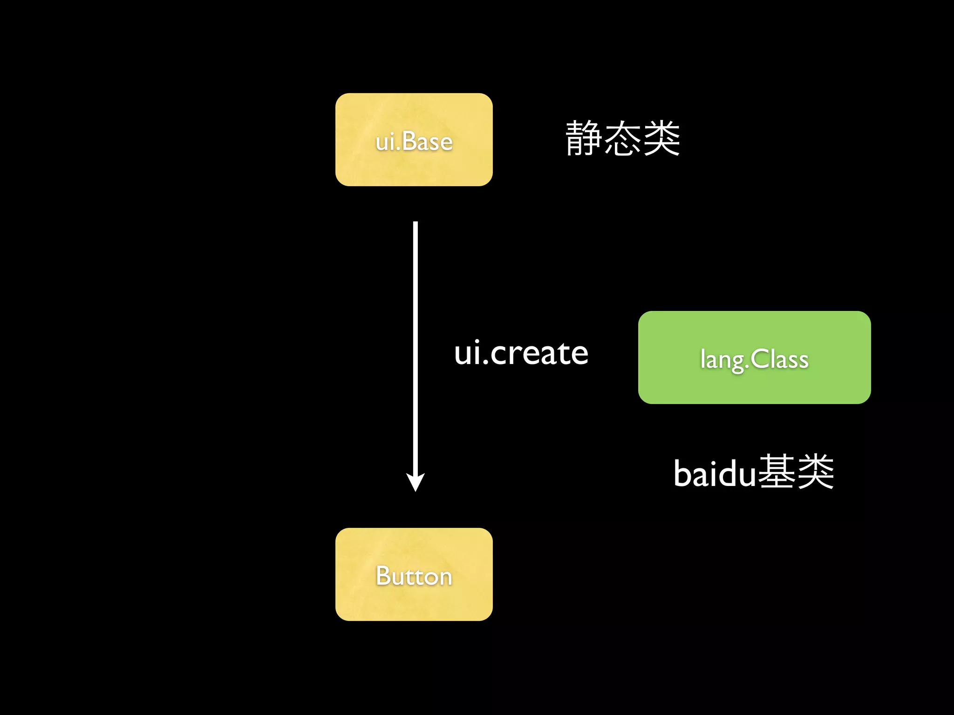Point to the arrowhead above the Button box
pos(415,482)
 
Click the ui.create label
pos(521,353)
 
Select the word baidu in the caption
pos(715,474)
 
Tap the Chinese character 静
pos(584,138)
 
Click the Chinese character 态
pos(623,138)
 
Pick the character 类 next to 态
pos(661,138)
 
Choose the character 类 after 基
pos(815,472)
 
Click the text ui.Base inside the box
pos(414,142)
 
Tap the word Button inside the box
pos(414,576)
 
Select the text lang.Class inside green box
pos(754,360)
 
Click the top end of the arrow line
pos(415,224)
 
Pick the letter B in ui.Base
pos(409,141)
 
